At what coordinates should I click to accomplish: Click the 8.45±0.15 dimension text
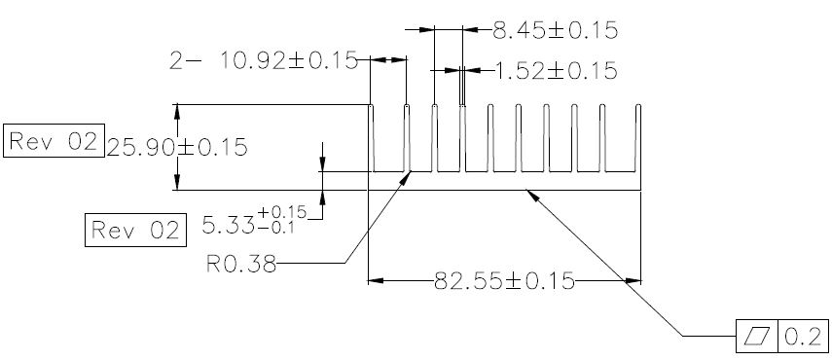pyautogui.click(x=555, y=30)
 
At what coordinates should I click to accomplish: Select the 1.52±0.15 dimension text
pyautogui.click(x=556, y=70)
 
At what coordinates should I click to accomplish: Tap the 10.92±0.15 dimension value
pyautogui.click(x=288, y=61)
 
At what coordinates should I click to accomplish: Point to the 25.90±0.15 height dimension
pyautogui.click(x=177, y=147)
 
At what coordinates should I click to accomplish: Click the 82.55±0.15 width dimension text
pyautogui.click(x=504, y=281)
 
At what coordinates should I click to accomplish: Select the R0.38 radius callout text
pyautogui.click(x=241, y=264)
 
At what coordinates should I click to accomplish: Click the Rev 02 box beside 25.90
pyautogui.click(x=54, y=140)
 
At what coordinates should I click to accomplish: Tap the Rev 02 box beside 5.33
pyautogui.click(x=135, y=230)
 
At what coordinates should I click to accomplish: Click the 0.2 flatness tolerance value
pyautogui.click(x=803, y=336)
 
